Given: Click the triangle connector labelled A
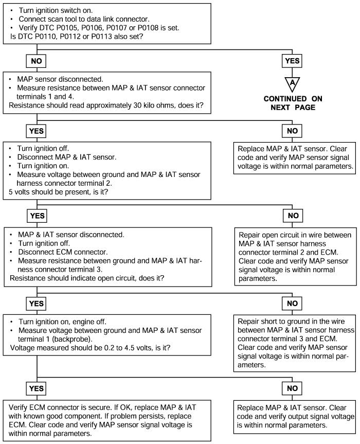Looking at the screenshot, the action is click(x=292, y=84).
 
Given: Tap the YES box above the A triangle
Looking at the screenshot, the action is click(x=292, y=61).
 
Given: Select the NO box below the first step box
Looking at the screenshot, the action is click(x=36, y=61).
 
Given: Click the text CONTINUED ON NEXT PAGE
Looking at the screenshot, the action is click(x=293, y=103).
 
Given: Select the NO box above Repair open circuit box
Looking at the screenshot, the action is click(x=293, y=216).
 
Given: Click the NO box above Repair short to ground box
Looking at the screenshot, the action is click(x=292, y=304).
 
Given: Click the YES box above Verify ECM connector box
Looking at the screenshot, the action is click(x=36, y=388).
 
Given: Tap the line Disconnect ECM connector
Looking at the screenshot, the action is click(x=63, y=252).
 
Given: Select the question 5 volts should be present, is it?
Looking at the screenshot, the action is click(x=58, y=192).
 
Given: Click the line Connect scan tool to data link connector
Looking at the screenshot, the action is click(x=84, y=19).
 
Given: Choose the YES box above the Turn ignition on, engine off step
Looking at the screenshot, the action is click(x=36, y=304).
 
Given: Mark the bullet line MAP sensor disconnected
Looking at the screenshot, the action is click(x=60, y=79).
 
